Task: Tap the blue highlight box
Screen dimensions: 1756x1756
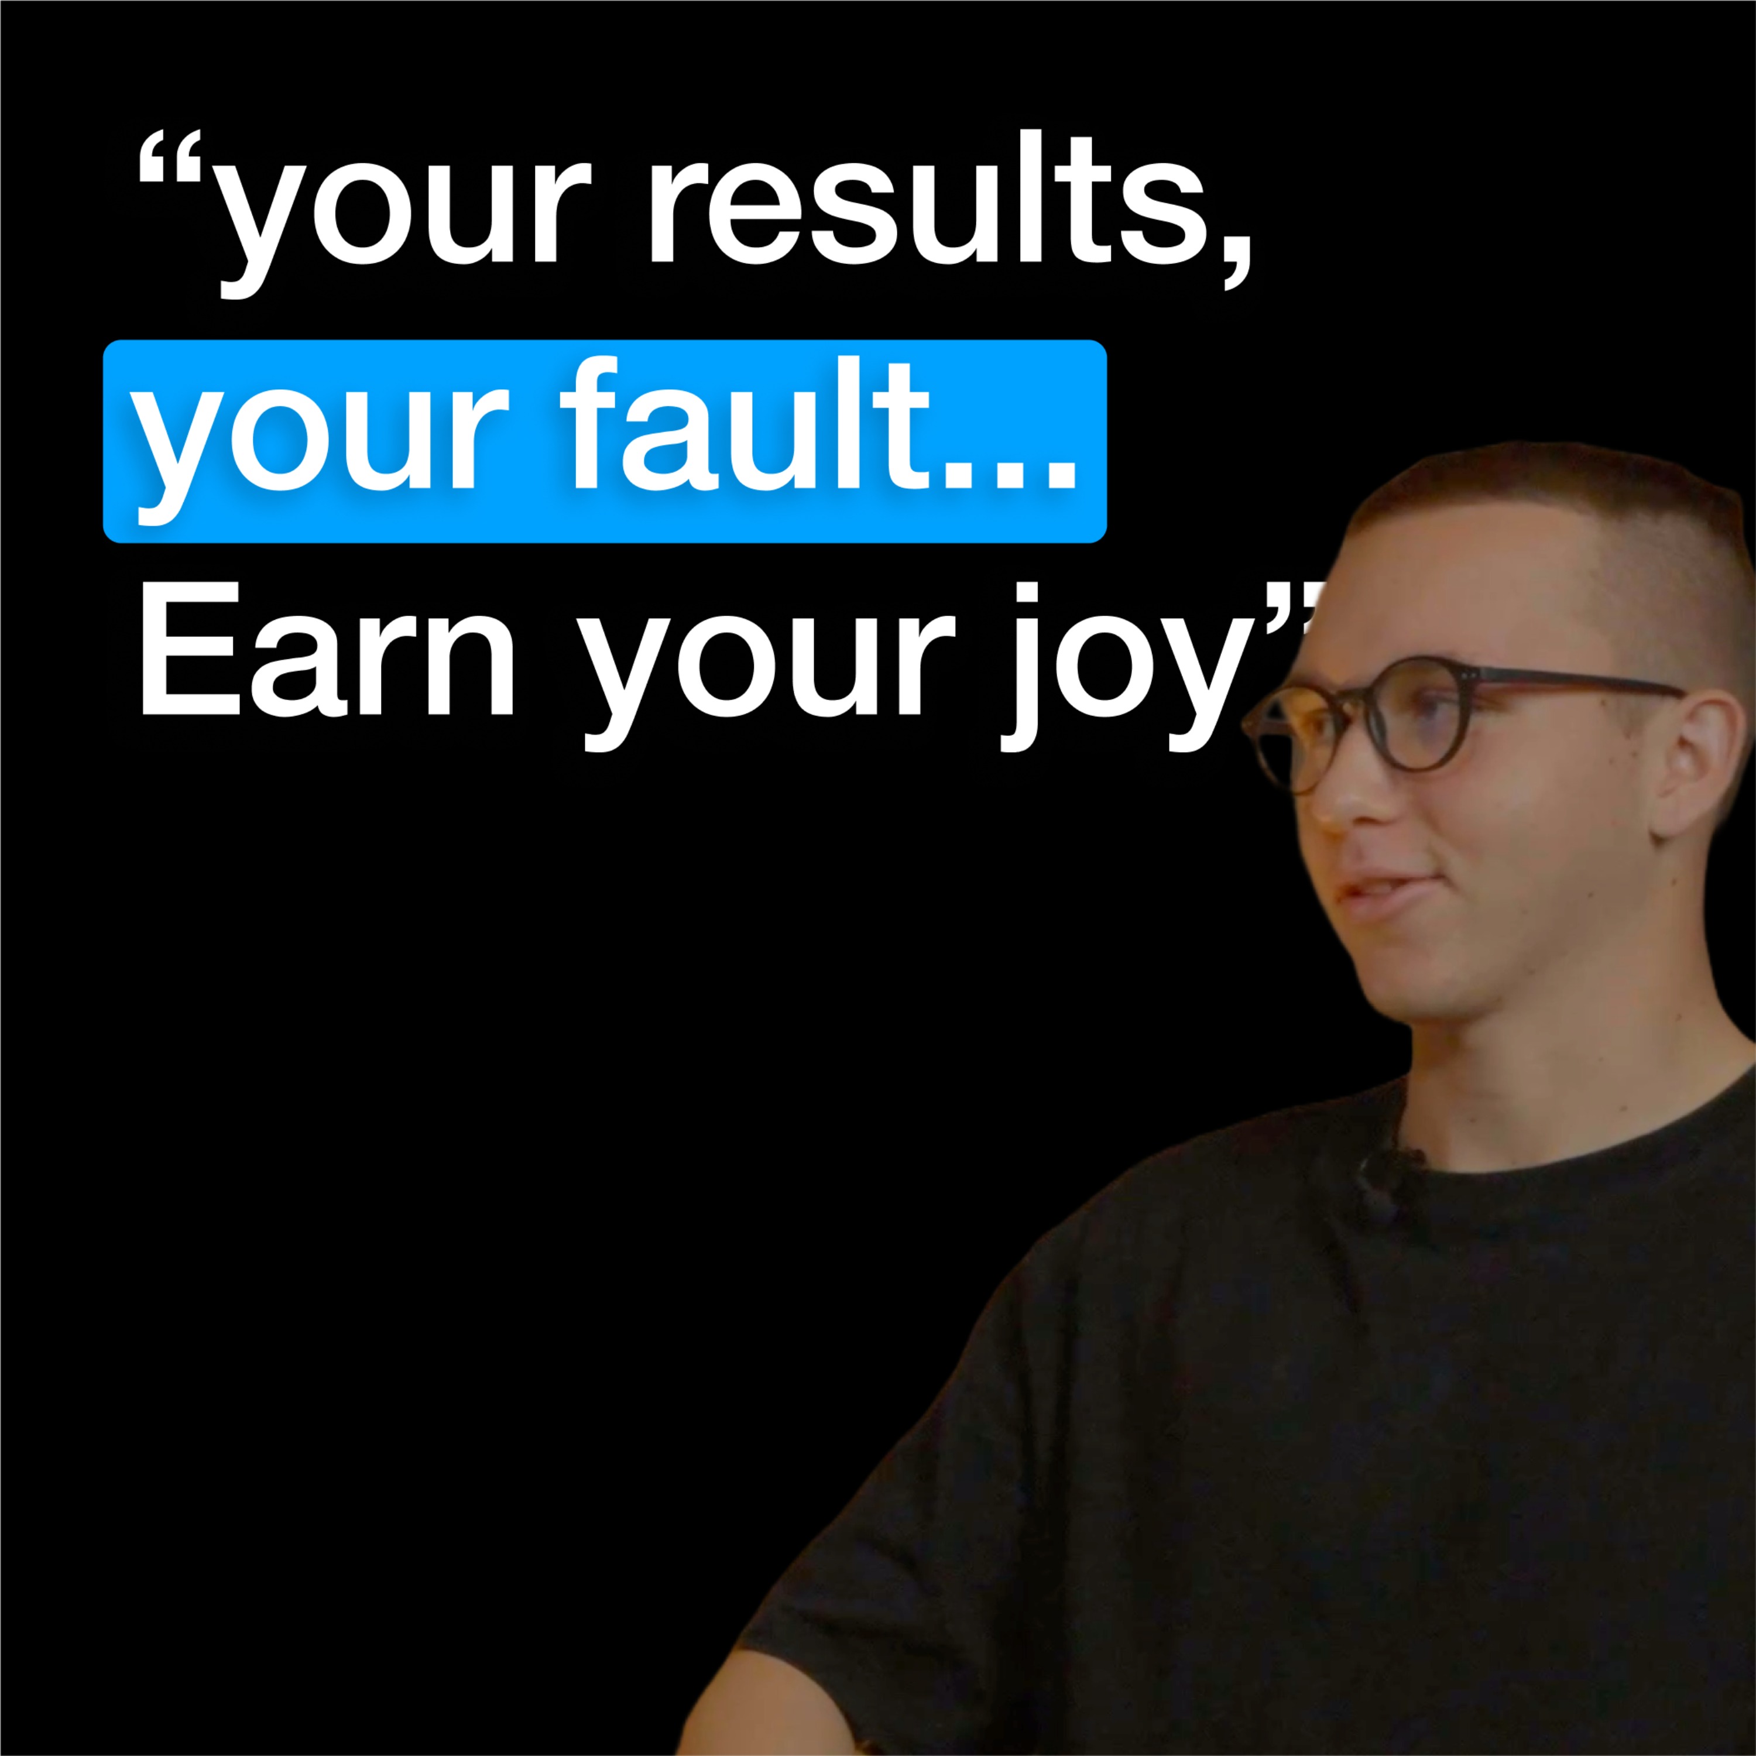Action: pyautogui.click(x=605, y=441)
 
